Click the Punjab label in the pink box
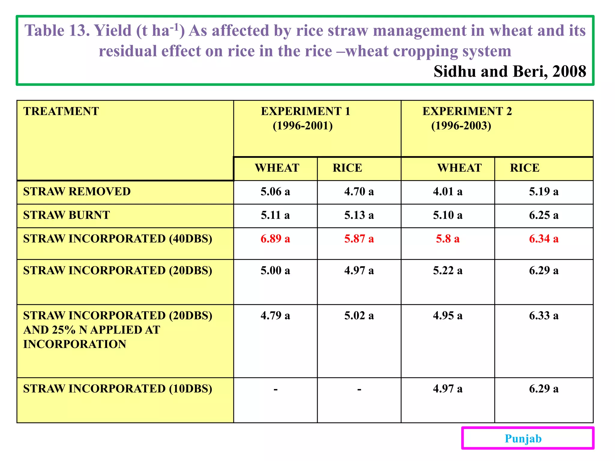click(523, 438)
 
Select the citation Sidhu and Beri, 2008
click(510, 71)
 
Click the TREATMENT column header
click(61, 111)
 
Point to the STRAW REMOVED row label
click(77, 191)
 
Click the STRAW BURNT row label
click(66, 215)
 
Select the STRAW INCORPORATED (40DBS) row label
click(117, 239)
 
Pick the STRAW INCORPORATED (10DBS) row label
click(117, 389)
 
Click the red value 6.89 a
click(275, 239)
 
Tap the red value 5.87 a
click(359, 239)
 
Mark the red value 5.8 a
click(447, 239)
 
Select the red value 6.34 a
click(544, 239)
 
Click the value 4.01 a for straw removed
click(447, 191)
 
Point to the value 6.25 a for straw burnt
click(544, 215)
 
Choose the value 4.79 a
click(275, 315)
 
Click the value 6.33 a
click(544, 315)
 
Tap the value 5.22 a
click(447, 270)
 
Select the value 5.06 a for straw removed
click(275, 191)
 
